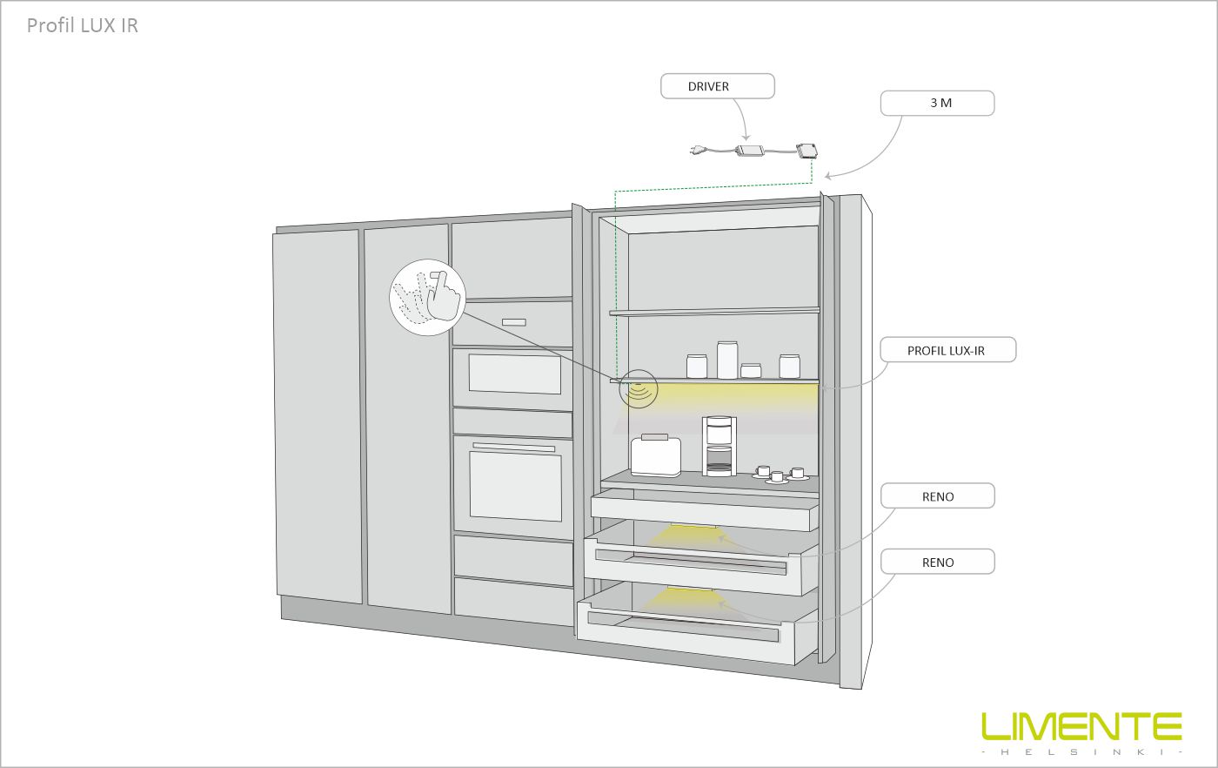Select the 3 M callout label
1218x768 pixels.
(937, 103)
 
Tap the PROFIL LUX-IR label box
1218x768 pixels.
(946, 350)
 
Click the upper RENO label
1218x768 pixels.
(937, 496)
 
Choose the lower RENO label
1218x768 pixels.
(937, 563)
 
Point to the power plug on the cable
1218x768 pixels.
(698, 149)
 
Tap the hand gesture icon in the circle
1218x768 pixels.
(427, 295)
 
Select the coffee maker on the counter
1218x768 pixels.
(719, 446)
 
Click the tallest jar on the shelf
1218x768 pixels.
(726, 360)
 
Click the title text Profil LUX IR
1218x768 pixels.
(82, 25)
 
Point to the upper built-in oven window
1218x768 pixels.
(513, 374)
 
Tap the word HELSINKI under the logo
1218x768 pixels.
(1081, 751)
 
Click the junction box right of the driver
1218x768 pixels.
(806, 150)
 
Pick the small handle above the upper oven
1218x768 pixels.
(513, 321)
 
